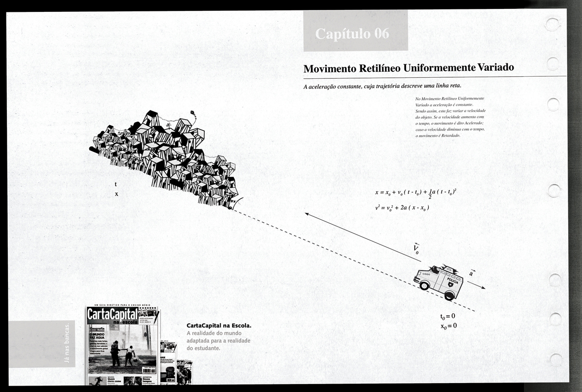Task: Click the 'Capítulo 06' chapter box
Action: tap(355, 34)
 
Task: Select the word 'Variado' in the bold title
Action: tap(495, 67)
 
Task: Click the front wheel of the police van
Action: tap(424, 286)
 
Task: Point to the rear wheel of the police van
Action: tap(449, 295)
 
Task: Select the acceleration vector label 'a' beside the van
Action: tap(471, 273)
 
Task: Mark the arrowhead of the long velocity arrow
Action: tap(307, 214)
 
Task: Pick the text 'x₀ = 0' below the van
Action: tap(448, 326)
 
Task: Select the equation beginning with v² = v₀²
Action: tap(402, 208)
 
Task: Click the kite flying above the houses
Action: tap(193, 113)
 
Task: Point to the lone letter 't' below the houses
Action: tap(116, 185)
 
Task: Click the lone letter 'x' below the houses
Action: tap(116, 194)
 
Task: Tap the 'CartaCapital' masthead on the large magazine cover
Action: tap(112, 313)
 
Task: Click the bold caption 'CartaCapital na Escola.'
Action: tap(219, 326)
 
